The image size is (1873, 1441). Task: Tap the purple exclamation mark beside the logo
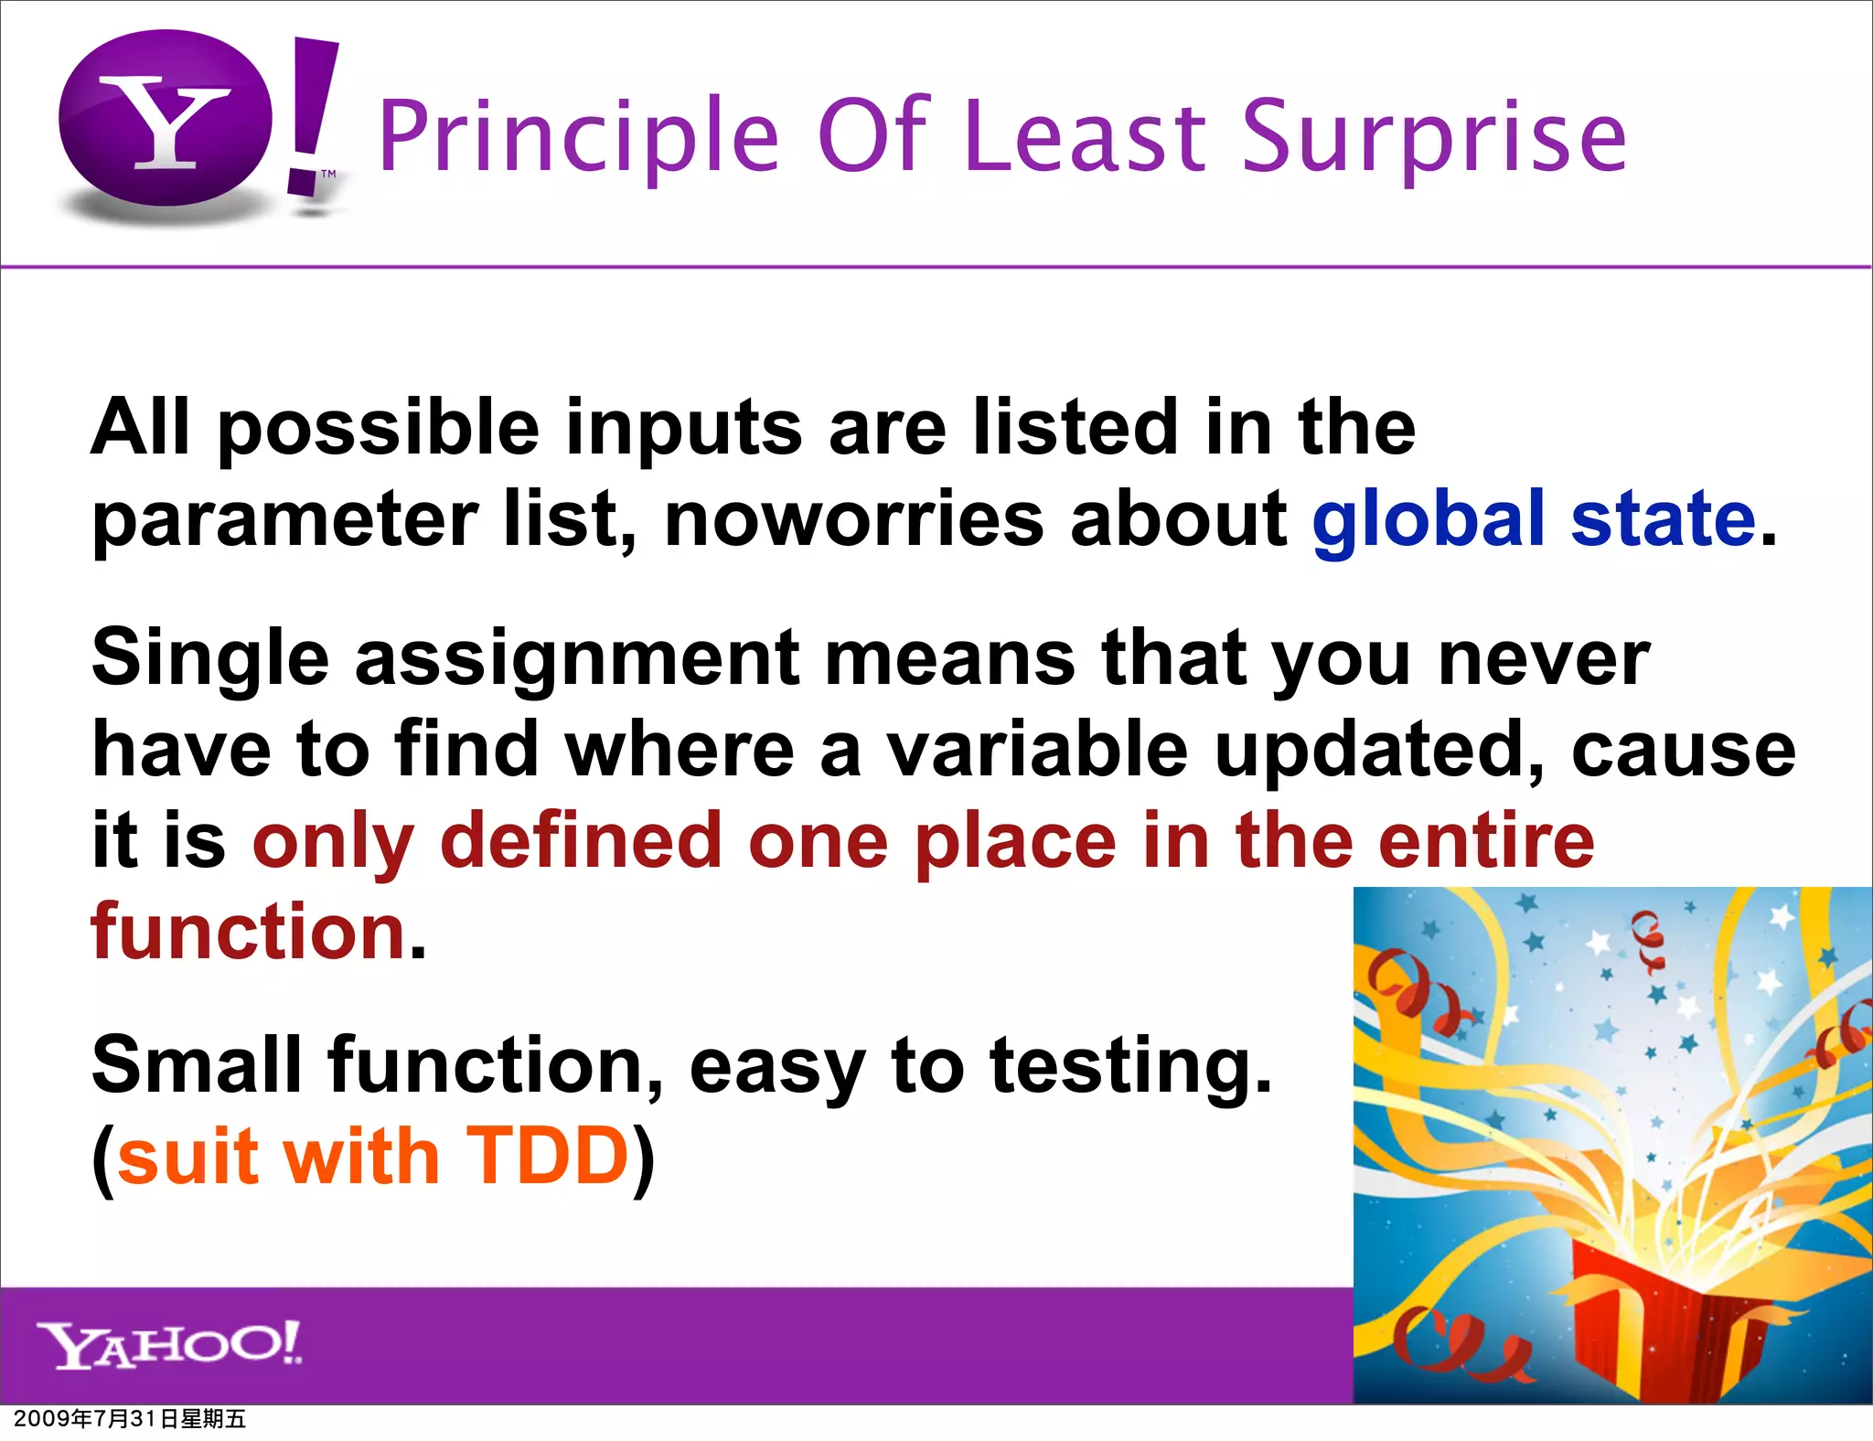[311, 114]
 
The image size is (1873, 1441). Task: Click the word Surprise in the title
[1433, 137]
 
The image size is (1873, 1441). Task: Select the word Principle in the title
[578, 137]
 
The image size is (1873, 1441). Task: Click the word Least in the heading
[1085, 137]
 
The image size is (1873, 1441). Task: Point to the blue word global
[1428, 519]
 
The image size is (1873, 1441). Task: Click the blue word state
[1663, 519]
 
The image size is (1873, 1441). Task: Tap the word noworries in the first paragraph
[853, 519]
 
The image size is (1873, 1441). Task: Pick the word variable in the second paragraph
[1037, 750]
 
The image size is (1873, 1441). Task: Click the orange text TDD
[547, 1157]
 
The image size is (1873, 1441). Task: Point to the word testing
[1130, 1066]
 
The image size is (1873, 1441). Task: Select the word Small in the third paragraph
[196, 1064]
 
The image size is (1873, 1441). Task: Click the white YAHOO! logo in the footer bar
[170, 1344]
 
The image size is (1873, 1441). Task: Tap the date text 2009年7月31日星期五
[129, 1419]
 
